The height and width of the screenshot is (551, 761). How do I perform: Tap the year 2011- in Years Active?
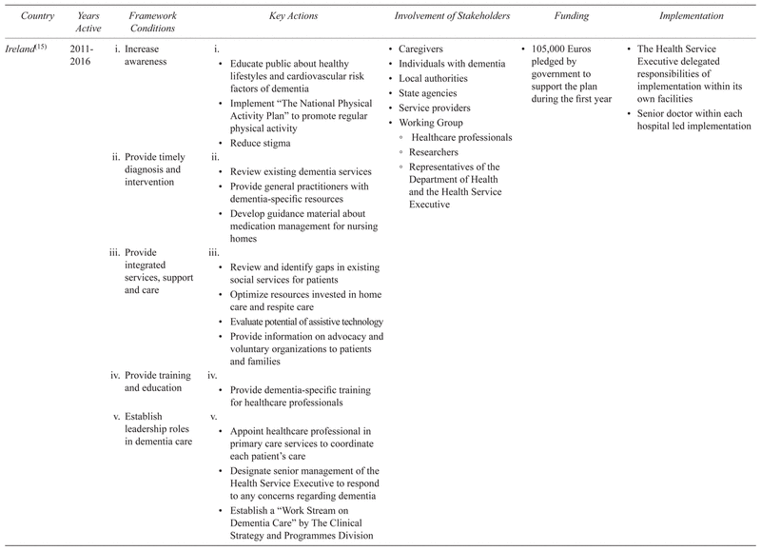point(83,48)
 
